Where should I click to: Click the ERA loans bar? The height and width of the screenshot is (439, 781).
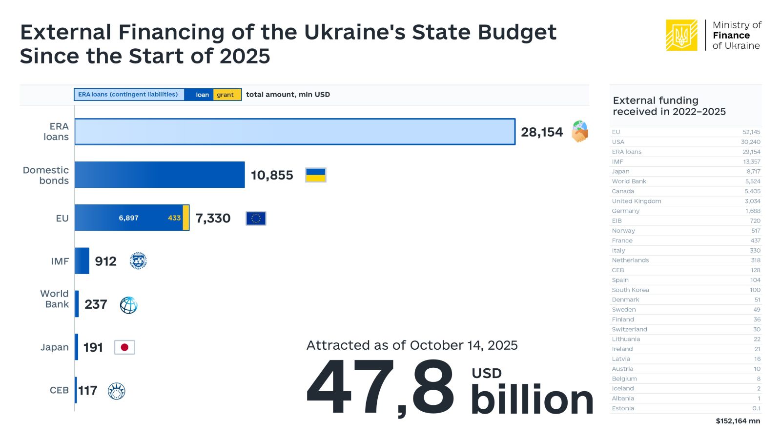294,132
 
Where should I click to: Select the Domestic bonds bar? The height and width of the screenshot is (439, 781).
160,175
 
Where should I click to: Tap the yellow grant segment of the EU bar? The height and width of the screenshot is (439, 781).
186,218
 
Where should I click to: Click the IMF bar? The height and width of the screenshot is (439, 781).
82,261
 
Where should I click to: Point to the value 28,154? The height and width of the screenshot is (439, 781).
542,132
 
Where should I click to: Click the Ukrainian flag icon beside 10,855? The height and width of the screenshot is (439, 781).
315,175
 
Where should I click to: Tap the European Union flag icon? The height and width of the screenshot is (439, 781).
256,218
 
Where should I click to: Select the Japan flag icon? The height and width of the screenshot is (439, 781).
124,347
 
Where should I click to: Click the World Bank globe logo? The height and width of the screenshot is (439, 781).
128,305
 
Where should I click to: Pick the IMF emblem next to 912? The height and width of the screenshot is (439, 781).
138,261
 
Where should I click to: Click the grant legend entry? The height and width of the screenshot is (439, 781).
226,95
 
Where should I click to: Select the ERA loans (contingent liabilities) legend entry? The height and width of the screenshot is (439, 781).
128,95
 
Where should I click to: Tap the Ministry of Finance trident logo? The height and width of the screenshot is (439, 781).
681,35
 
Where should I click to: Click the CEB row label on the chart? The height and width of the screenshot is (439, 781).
59,390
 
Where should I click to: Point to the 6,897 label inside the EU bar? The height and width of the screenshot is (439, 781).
128,218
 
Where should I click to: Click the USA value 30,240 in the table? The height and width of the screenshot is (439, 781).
750,142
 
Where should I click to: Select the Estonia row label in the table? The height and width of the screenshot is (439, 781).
623,408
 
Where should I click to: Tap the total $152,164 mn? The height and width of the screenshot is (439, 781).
738,421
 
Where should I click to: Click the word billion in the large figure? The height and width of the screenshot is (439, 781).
532,400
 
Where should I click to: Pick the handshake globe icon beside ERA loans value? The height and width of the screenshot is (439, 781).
580,132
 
